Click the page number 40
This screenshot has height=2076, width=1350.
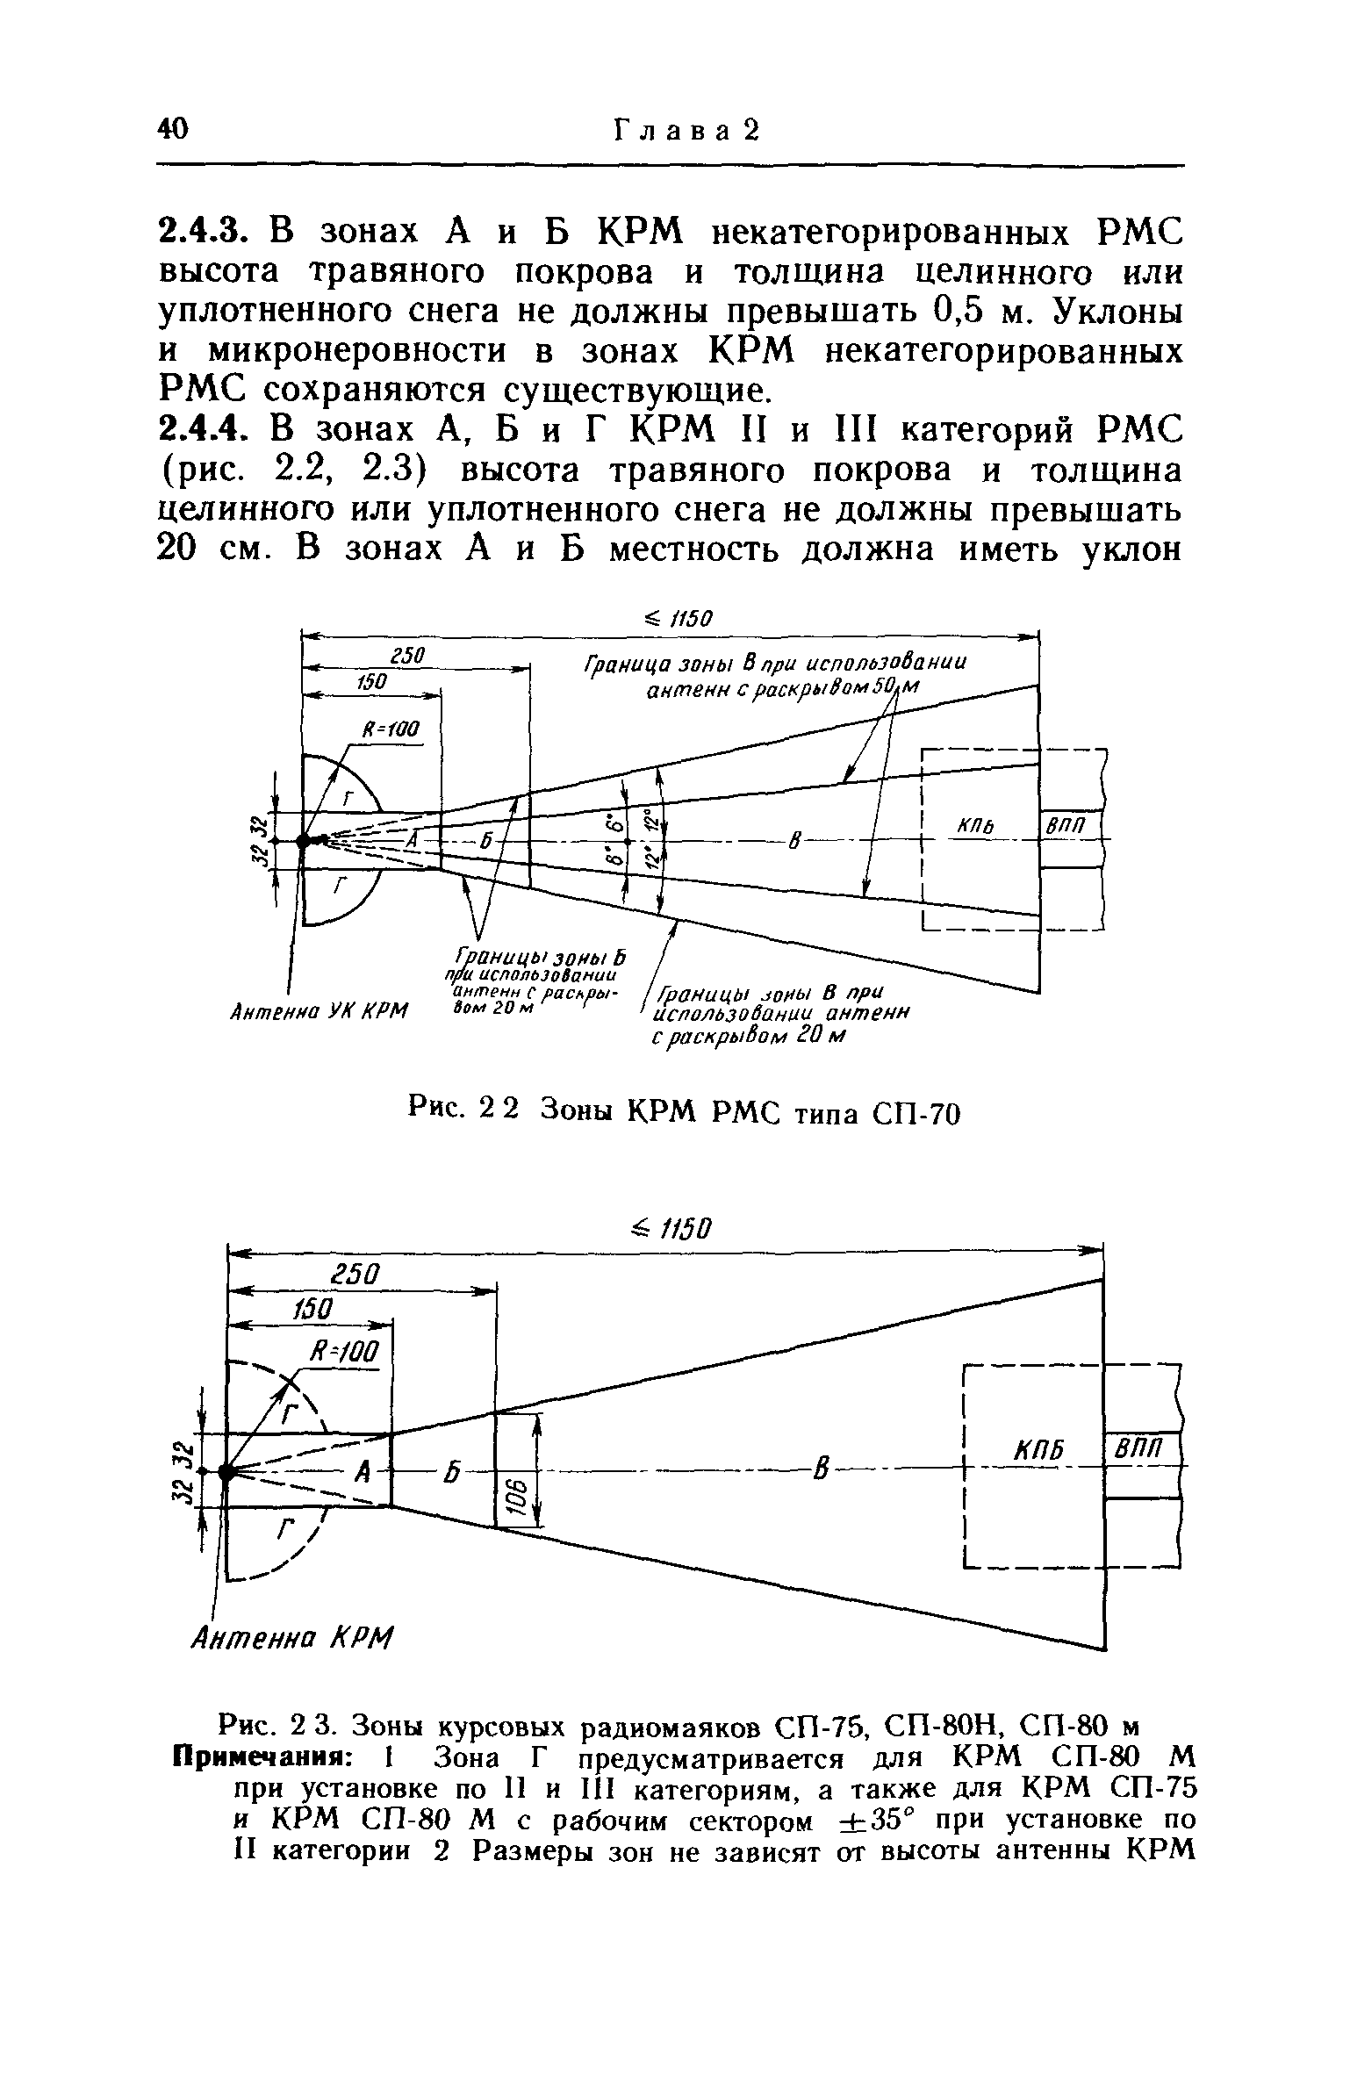click(x=172, y=130)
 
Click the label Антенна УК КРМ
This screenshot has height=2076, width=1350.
click(x=320, y=1013)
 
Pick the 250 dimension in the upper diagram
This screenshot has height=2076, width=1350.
click(x=409, y=657)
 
